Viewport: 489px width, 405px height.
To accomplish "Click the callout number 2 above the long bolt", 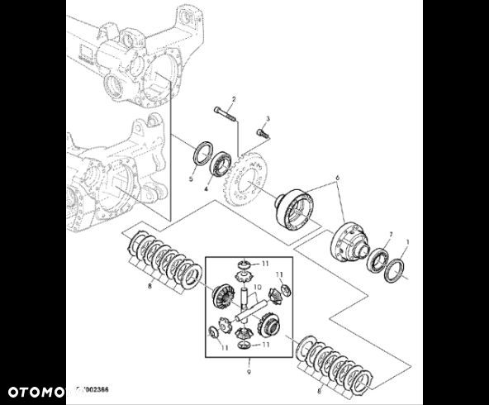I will pyautogui.click(x=233, y=99).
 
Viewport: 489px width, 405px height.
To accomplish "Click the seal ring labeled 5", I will pyautogui.click(x=201, y=155).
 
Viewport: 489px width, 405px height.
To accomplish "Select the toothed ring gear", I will pyautogui.click(x=249, y=179).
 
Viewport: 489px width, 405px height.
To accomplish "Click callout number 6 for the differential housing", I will pyautogui.click(x=336, y=178).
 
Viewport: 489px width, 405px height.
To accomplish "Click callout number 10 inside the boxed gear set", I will pyautogui.click(x=257, y=288).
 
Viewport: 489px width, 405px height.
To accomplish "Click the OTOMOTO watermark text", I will pyautogui.click(x=38, y=388).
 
